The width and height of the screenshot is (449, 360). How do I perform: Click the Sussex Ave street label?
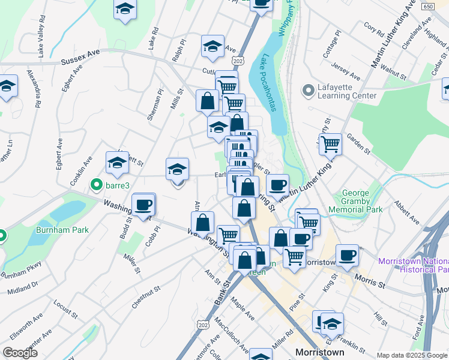point(80,61)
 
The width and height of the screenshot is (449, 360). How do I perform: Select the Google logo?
point(20,353)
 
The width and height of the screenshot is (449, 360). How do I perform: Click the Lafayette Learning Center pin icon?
point(309,91)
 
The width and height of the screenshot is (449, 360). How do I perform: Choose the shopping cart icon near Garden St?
point(330,144)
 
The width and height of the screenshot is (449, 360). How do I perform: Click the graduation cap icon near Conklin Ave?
point(117,162)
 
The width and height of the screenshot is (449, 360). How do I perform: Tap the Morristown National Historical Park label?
point(414,265)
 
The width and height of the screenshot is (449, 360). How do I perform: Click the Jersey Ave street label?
point(347,73)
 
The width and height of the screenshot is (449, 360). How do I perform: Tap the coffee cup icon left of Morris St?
point(347,256)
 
